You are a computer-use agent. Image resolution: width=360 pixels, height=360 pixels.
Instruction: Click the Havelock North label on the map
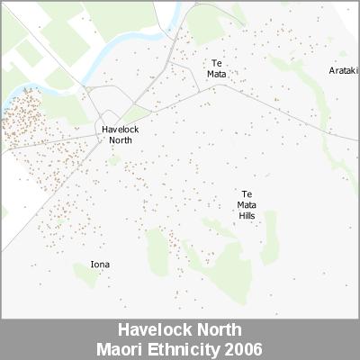[x=120, y=134]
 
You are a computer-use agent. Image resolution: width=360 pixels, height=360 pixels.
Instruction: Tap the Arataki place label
[x=343, y=70]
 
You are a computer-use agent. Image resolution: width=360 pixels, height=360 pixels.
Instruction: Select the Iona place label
[x=100, y=265]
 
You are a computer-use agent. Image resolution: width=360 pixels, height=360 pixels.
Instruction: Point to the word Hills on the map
[x=247, y=216]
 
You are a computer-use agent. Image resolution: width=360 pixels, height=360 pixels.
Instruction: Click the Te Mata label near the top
[x=217, y=69]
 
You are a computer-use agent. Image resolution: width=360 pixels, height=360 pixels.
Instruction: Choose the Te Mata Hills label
[x=247, y=205]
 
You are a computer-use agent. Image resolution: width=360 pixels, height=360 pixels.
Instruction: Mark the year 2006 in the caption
[x=245, y=347]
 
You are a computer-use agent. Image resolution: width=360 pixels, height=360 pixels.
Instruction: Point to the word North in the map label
[x=120, y=139]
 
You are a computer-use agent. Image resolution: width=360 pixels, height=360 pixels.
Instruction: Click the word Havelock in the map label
[x=120, y=129]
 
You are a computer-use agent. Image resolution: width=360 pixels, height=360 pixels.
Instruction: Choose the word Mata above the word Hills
[x=247, y=205]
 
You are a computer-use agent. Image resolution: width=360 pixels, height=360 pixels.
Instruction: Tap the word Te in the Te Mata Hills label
[x=247, y=194]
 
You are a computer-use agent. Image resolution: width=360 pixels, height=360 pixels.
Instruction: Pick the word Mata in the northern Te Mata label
[x=217, y=75]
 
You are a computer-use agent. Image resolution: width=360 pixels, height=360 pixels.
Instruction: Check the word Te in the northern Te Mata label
[x=217, y=63]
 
